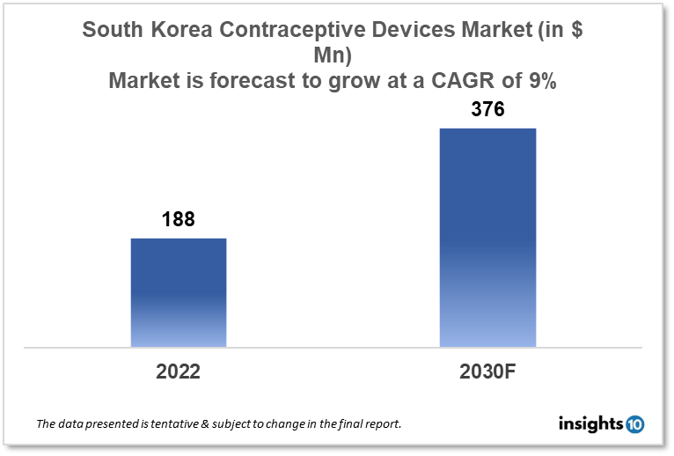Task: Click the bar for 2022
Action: click(179, 292)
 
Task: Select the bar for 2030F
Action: click(487, 238)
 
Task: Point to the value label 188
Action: click(178, 220)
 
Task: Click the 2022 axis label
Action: click(178, 371)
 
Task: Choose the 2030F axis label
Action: click(487, 371)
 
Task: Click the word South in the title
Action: click(114, 29)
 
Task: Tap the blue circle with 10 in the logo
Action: click(635, 425)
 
